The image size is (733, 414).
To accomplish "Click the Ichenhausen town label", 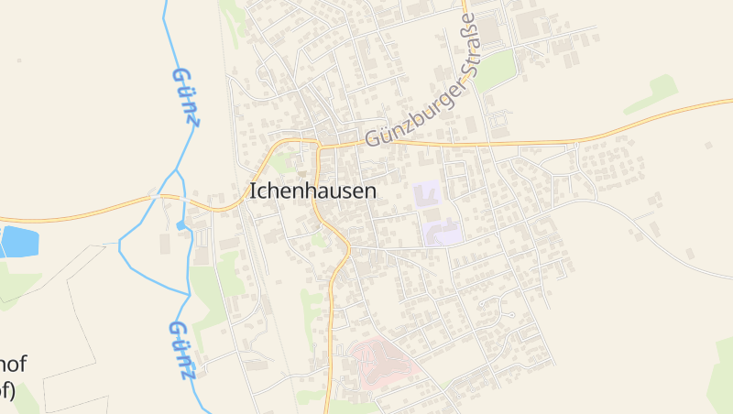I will pyautogui.click(x=312, y=192).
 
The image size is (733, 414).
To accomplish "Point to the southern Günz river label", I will pyautogui.click(x=182, y=350).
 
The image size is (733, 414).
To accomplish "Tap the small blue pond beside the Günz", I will pyautogui.click(x=181, y=224).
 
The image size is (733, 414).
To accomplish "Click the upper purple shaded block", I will pyautogui.click(x=427, y=194).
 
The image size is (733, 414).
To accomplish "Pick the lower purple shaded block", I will pyautogui.click(x=442, y=230).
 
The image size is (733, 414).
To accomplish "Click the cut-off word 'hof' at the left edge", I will pyautogui.click(x=13, y=365).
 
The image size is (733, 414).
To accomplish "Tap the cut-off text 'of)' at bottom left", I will pyautogui.click(x=7, y=391).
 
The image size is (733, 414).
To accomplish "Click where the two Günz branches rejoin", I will pyautogui.click(x=187, y=294).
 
